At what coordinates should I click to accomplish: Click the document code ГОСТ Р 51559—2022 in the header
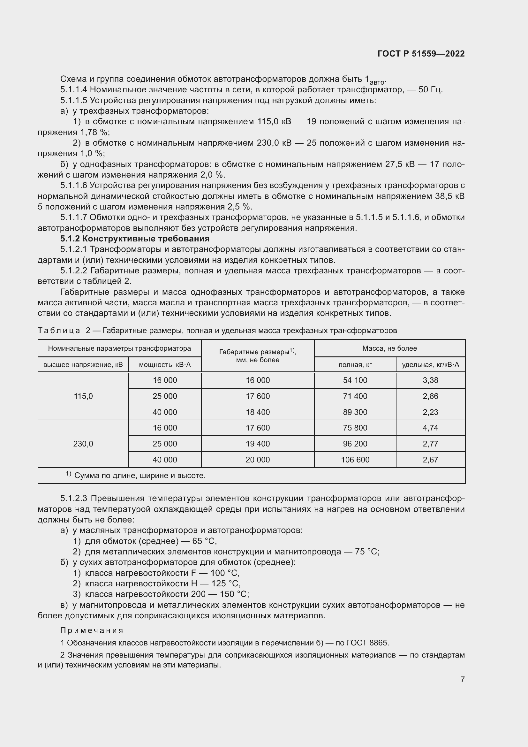coord(421,54)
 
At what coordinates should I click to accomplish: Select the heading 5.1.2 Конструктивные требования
coord(135,239)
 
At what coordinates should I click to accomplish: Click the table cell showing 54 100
coord(355,380)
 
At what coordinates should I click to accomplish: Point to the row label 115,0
coord(83,396)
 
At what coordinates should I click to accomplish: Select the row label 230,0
coord(83,444)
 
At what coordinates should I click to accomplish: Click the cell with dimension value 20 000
coord(258,459)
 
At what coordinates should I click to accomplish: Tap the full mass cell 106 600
coord(355,459)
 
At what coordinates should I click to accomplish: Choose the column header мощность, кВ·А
coord(165,365)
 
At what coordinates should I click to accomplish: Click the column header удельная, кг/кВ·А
coord(430,365)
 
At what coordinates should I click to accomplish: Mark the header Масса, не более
coord(389,348)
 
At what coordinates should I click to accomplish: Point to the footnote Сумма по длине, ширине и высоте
coord(140,476)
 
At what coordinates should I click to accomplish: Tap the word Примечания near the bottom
coord(92,630)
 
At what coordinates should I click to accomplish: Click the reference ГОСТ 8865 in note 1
coord(367,643)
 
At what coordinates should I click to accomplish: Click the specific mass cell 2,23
coord(430,412)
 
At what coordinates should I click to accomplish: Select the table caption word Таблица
coord(59,331)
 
